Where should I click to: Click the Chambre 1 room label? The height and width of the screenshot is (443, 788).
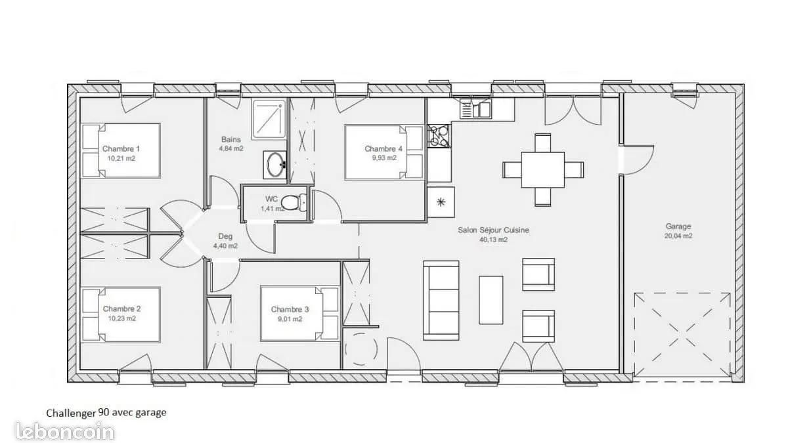(x=121, y=149)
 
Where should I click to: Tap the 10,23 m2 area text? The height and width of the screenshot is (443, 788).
(x=121, y=318)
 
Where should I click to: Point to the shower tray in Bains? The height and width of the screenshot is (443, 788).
(x=269, y=119)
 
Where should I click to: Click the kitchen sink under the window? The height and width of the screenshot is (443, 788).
(x=476, y=109)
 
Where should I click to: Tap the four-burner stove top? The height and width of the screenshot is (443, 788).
(x=439, y=136)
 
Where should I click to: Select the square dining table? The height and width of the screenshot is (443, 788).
(x=543, y=170)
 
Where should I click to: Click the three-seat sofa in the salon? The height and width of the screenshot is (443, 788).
(x=441, y=301)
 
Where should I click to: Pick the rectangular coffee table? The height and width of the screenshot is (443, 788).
(x=491, y=300)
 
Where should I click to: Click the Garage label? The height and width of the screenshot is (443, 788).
(x=678, y=226)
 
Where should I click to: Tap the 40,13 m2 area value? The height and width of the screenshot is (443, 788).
(x=493, y=240)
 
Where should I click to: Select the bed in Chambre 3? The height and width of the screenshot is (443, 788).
(x=299, y=314)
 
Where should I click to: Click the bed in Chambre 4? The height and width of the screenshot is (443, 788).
(x=384, y=152)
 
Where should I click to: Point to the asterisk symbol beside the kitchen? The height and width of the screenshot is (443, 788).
(x=441, y=202)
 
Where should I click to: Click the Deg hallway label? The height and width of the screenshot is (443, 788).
(x=225, y=237)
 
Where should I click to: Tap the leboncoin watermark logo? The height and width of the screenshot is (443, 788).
(x=65, y=431)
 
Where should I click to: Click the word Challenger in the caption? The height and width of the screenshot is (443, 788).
(x=71, y=413)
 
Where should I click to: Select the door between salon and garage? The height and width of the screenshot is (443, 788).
(x=637, y=160)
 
